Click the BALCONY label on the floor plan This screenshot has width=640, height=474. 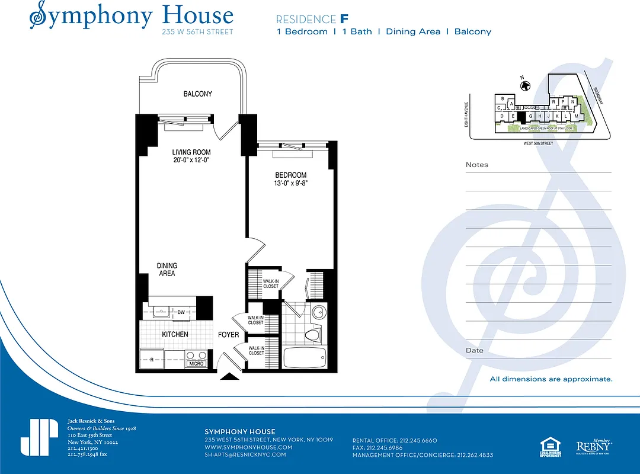[197, 94]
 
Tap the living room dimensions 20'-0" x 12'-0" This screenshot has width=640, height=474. [191, 160]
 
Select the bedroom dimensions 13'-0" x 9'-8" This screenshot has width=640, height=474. [290, 184]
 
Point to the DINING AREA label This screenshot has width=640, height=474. [167, 270]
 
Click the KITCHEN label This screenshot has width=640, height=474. [175, 335]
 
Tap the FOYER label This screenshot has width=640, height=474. [229, 335]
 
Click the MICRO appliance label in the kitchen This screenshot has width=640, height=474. [196, 363]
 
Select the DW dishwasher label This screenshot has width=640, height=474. [181, 312]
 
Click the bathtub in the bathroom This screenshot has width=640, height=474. [305, 357]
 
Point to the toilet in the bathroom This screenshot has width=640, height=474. [312, 335]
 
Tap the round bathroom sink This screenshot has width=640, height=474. [318, 313]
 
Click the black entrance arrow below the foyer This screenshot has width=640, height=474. [229, 376]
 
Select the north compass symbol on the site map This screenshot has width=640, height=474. [524, 85]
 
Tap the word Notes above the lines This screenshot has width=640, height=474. [477, 165]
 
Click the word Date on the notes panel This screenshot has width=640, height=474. [474, 350]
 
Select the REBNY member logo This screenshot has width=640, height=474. [594, 446]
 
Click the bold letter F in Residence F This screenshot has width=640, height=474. [344, 18]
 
